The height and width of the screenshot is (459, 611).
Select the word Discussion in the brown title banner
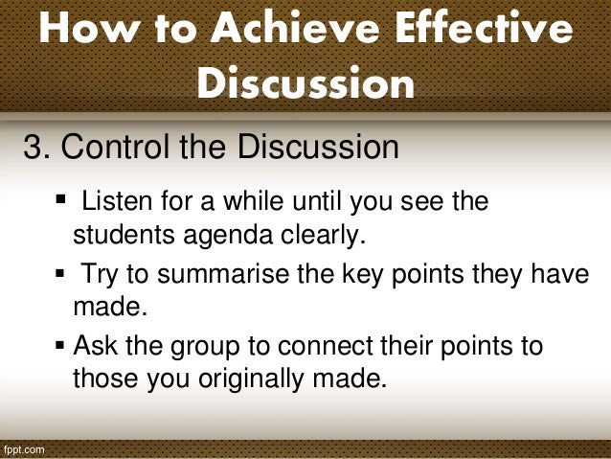(x=305, y=83)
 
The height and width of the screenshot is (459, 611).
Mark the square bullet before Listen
(x=62, y=202)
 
